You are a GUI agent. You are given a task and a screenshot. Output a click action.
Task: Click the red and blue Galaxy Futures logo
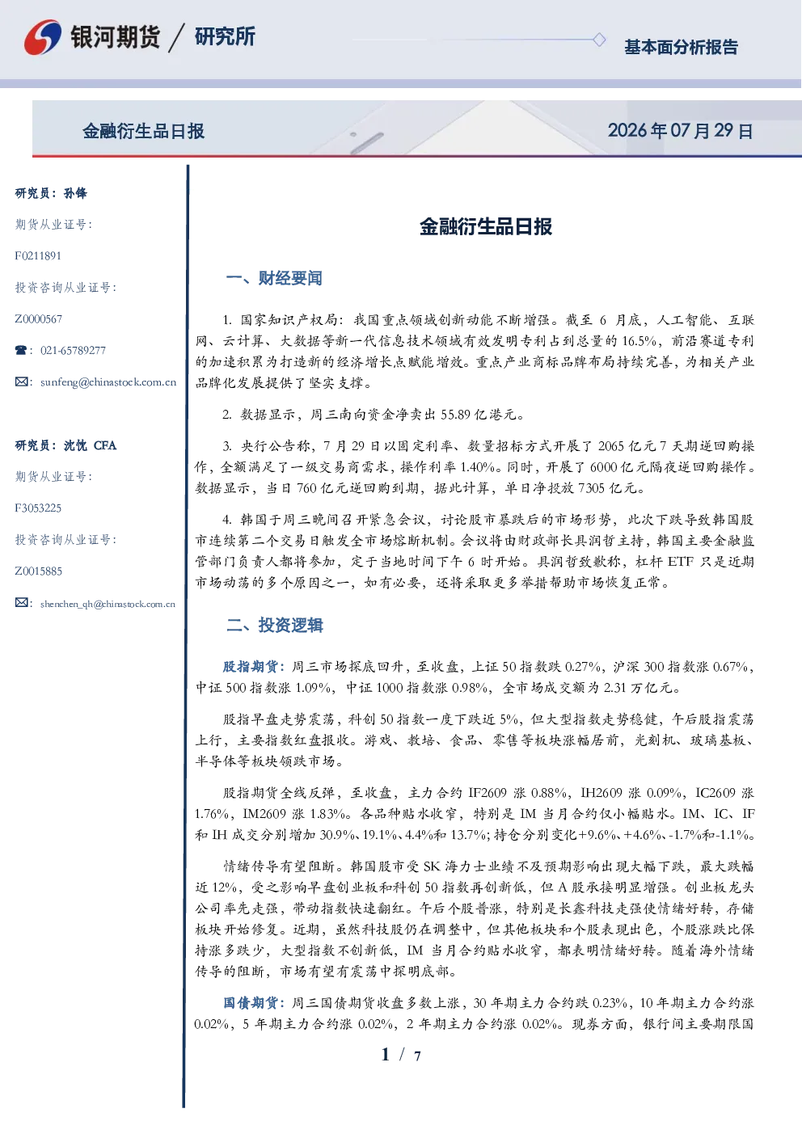pyautogui.click(x=43, y=36)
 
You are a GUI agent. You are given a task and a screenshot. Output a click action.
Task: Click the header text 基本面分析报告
pyautogui.click(x=681, y=47)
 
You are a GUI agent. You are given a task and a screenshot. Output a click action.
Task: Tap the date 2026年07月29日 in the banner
pyautogui.click(x=681, y=131)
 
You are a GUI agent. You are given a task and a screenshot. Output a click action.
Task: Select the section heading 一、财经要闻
pyautogui.click(x=274, y=278)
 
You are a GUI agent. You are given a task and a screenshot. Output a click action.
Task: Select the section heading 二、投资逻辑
pyautogui.click(x=274, y=626)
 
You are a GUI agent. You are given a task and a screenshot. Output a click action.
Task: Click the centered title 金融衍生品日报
pyautogui.click(x=486, y=226)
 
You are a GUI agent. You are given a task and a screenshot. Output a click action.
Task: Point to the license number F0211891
pyautogui.click(x=38, y=255)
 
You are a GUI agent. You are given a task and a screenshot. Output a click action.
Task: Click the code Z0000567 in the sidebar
pyautogui.click(x=39, y=319)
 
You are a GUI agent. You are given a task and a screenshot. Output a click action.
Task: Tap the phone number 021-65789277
pyautogui.click(x=73, y=350)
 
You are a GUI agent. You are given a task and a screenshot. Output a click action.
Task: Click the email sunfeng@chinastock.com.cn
pyautogui.click(x=108, y=382)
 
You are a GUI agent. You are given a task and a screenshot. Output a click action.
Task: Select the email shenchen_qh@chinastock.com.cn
pyautogui.click(x=108, y=604)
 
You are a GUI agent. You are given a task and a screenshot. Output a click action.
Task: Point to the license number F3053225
pyautogui.click(x=38, y=508)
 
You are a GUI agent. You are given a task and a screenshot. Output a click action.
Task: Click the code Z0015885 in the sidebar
pyautogui.click(x=39, y=571)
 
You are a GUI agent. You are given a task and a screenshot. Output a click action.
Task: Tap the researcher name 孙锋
pyautogui.click(x=75, y=193)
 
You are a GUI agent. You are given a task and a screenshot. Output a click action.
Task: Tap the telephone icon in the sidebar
pyautogui.click(x=21, y=350)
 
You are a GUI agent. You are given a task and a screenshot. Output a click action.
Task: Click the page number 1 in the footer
pyautogui.click(x=386, y=1055)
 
